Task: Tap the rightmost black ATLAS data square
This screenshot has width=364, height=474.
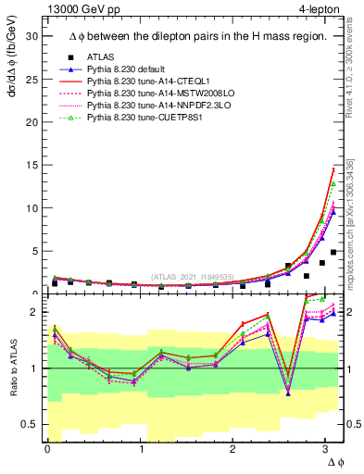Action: (x=333, y=253)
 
